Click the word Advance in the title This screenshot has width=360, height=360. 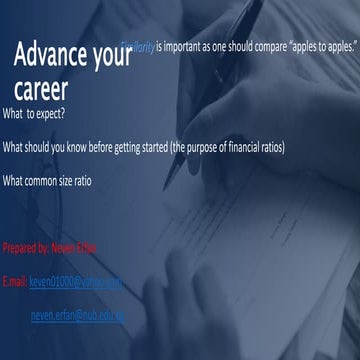point(53,58)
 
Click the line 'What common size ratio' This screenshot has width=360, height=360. point(53,180)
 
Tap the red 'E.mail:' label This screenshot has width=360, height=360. point(15,283)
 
